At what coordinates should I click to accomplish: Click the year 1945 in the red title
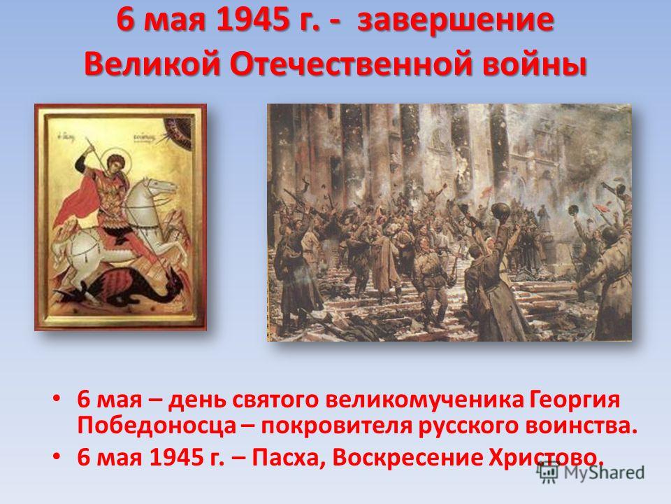click(x=251, y=20)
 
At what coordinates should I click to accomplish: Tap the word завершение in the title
click(x=455, y=21)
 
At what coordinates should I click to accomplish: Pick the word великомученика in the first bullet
click(x=424, y=400)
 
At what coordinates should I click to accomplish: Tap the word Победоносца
click(x=157, y=426)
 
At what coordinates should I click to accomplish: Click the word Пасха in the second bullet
click(x=288, y=458)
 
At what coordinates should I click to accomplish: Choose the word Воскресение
click(x=407, y=458)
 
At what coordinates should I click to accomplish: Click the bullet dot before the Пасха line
click(x=57, y=457)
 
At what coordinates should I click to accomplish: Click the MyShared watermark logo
click(x=591, y=472)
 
